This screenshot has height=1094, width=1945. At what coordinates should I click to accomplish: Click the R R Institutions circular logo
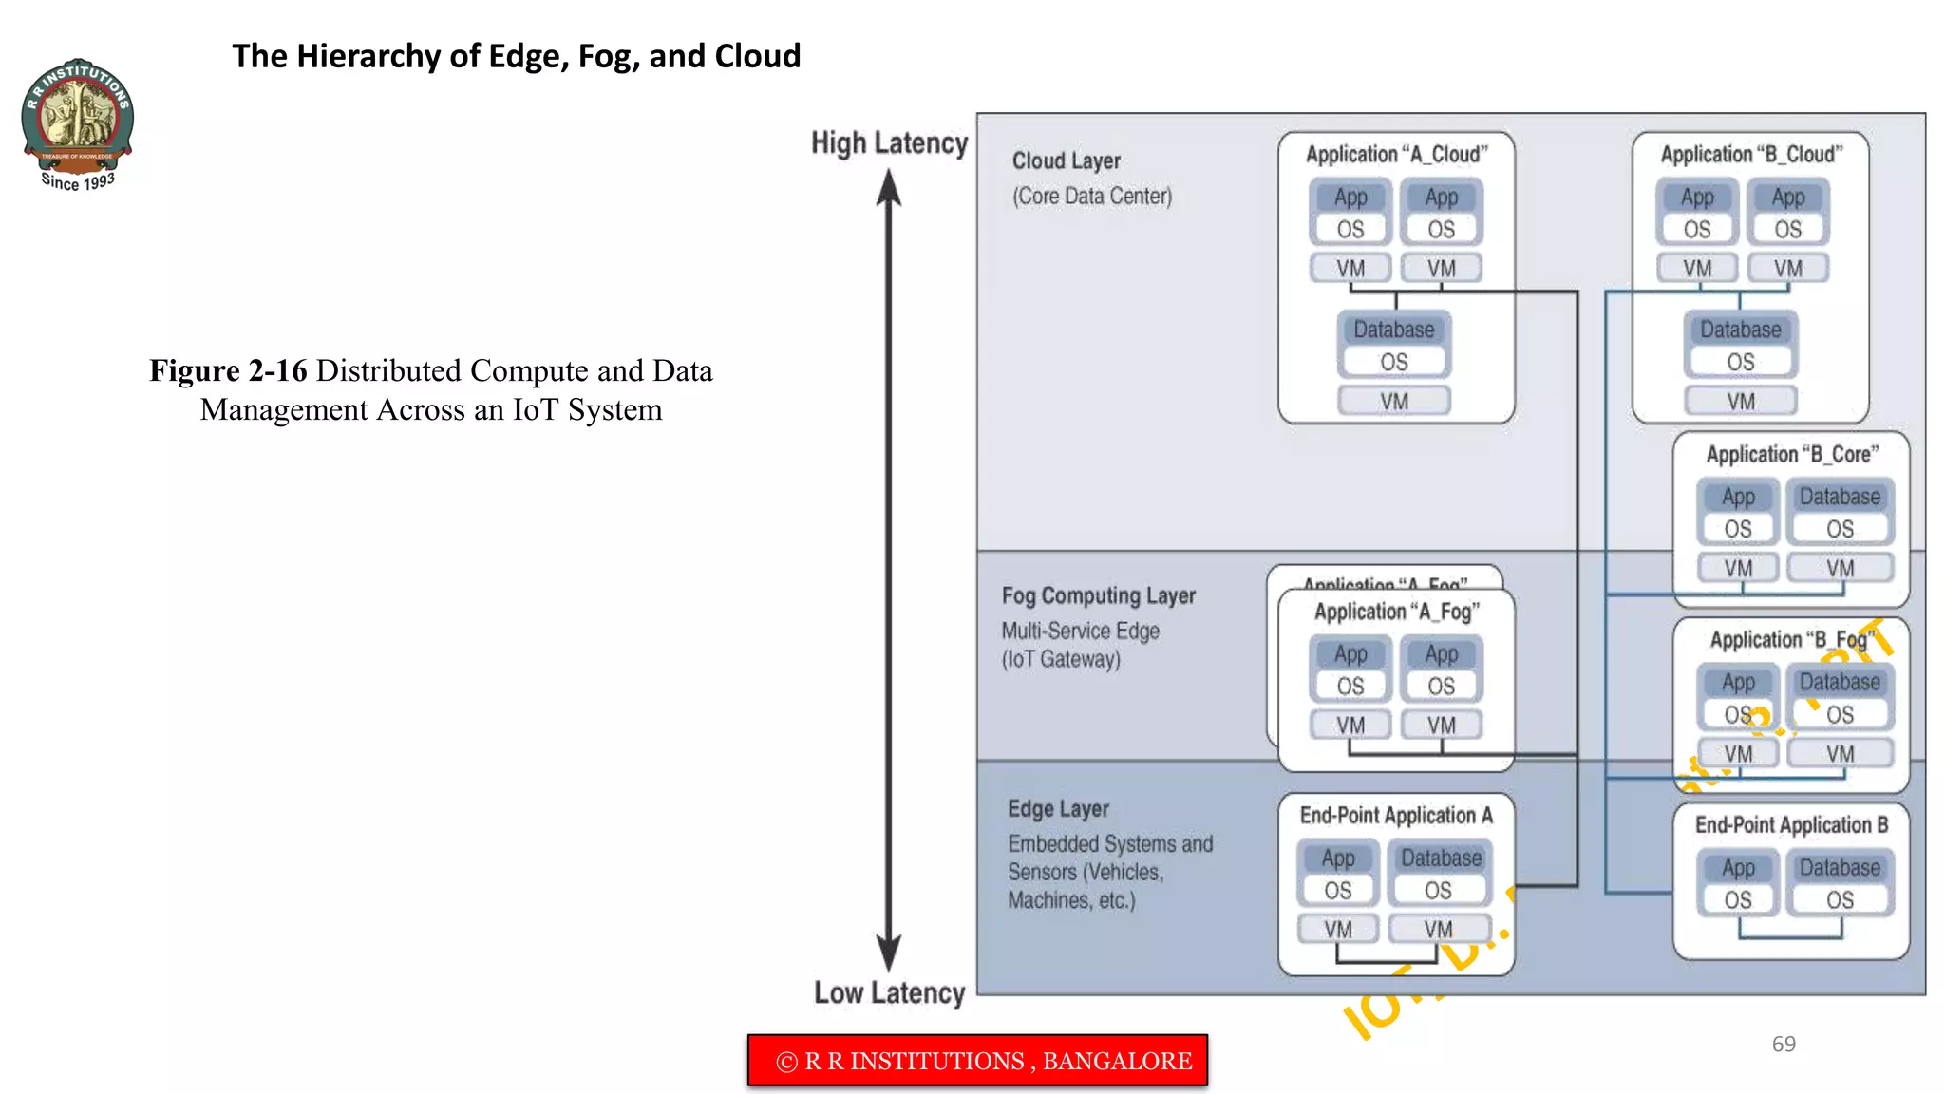78,114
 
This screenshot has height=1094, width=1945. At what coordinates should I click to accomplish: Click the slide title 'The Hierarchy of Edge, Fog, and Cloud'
516,56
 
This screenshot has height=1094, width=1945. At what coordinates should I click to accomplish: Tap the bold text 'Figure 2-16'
228,370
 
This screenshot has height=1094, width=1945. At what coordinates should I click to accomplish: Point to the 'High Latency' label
889,143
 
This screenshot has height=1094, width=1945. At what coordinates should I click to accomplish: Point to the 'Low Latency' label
889,992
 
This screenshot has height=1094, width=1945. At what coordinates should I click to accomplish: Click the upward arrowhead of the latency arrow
889,187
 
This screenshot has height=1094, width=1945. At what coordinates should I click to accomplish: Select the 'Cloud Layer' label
1066,160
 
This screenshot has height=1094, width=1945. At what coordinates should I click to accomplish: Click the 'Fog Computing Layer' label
1098,595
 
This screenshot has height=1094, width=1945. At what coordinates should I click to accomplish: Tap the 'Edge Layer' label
1058,809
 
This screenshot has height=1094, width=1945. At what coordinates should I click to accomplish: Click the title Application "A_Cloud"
1396,154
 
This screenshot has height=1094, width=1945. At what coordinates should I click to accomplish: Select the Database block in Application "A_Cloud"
1394,330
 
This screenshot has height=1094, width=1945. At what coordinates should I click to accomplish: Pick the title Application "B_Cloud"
1750,154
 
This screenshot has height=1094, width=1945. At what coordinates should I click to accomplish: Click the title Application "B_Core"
1792,454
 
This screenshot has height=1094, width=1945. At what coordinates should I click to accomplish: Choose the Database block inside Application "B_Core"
1840,497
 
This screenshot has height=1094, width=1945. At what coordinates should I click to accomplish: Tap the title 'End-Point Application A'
1396,815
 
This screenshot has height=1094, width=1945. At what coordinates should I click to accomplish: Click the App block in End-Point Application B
1738,868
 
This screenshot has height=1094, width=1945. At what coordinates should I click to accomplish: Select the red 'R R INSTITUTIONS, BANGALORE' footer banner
977,1060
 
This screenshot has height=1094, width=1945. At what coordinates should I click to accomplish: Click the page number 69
1783,1044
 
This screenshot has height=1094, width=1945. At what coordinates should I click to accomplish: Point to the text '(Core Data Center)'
1091,196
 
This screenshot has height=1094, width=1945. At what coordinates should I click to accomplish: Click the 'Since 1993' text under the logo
78,180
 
